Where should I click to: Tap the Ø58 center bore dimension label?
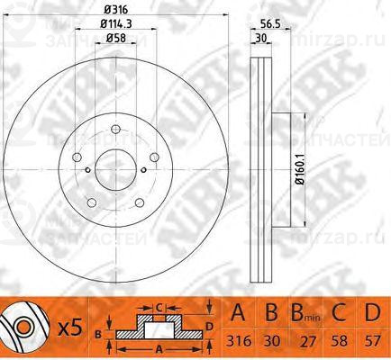click(114, 40)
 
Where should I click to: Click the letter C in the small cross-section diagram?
click(157, 306)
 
